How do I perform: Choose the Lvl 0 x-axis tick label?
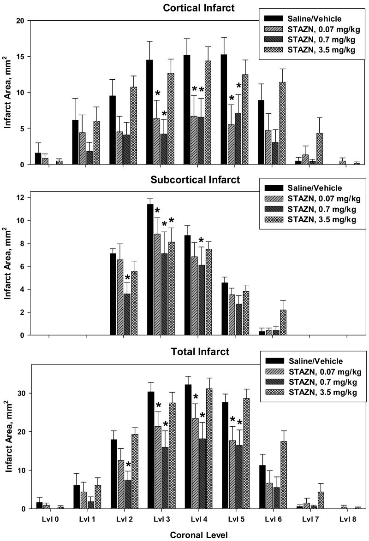coord(48,519)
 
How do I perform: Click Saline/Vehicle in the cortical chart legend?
coord(315,18)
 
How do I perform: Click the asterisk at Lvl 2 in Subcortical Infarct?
coord(127,278)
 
